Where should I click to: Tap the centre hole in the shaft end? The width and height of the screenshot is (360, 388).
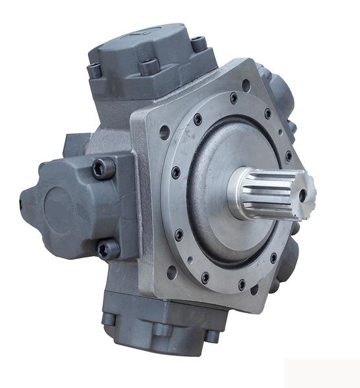point(302,195)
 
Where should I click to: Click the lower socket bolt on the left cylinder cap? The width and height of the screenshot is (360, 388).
point(107,248)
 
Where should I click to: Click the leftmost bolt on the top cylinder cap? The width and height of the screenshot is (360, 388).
point(95,69)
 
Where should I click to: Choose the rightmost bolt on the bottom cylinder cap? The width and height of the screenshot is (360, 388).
point(212,335)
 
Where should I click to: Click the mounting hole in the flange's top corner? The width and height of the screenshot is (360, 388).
point(247,83)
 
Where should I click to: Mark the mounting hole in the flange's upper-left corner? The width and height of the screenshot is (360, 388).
point(164,133)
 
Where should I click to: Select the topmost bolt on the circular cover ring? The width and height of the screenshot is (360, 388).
point(234,99)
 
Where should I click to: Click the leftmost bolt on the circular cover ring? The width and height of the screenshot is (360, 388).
point(175,173)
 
